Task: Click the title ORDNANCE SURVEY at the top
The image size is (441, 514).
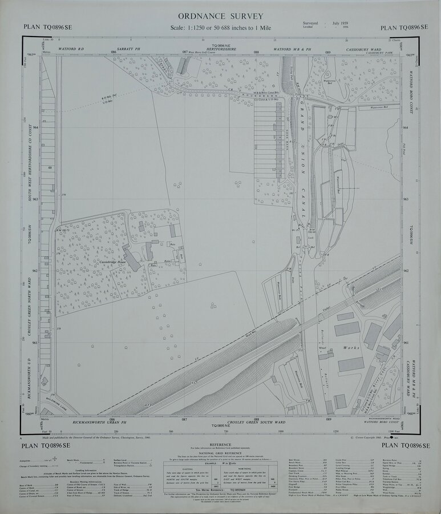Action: tap(220, 17)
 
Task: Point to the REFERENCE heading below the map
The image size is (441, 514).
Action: tap(220, 443)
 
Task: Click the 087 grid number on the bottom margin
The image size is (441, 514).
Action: tap(184, 419)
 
